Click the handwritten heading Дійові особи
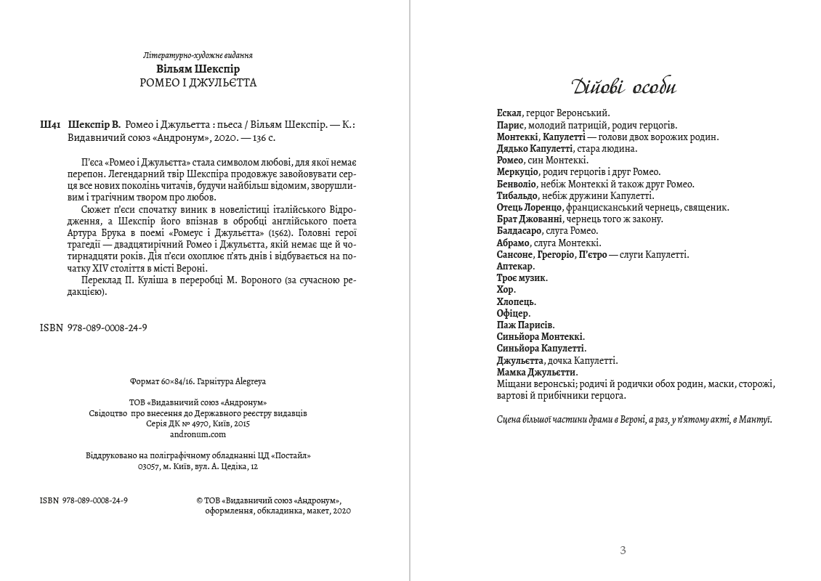coord(623,87)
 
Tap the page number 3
coord(623,550)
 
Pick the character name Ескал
coord(509,113)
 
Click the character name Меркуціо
coord(517,172)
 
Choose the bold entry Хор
coord(506,290)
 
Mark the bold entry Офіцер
coord(513,314)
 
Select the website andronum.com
coord(198,434)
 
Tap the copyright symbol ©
coord(200,500)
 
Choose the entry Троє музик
coord(522,278)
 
